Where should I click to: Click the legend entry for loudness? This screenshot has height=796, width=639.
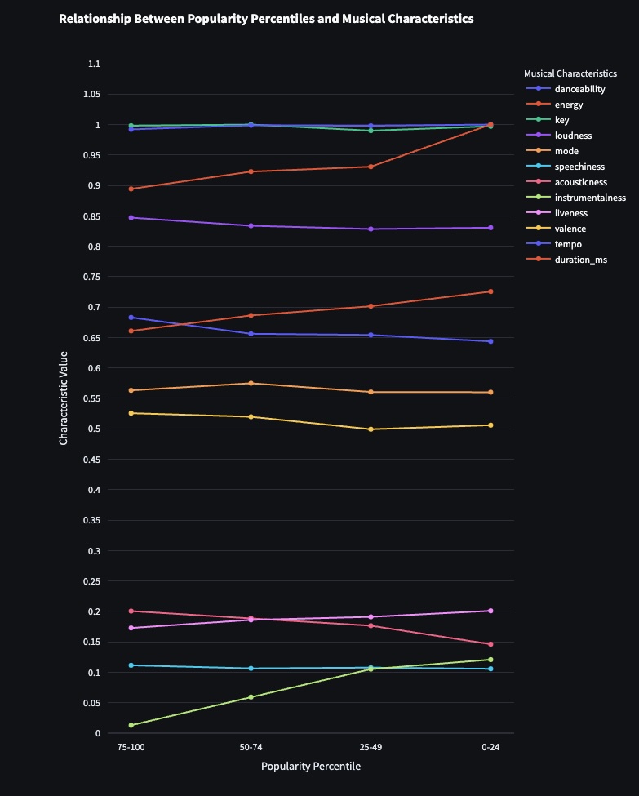573,136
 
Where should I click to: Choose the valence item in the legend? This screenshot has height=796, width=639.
570,229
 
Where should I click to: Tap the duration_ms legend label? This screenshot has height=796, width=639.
580,260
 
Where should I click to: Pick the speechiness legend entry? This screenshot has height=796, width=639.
579,167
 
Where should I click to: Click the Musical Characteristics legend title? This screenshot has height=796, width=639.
570,73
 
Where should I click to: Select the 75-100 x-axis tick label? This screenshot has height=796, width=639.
131,747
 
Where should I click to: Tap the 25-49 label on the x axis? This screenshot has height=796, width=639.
371,747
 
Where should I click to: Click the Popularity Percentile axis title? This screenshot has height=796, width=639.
311,767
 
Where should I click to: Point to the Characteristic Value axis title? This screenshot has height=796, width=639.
64,398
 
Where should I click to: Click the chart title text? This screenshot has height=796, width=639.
266,18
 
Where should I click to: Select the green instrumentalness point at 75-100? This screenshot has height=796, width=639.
131,725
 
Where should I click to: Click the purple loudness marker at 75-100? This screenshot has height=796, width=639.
131,218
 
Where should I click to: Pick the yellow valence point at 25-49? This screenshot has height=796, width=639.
371,429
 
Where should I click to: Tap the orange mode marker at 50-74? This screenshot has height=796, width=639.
251,384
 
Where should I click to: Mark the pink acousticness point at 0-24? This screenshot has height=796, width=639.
490,644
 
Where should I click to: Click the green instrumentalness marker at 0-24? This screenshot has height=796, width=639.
490,660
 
